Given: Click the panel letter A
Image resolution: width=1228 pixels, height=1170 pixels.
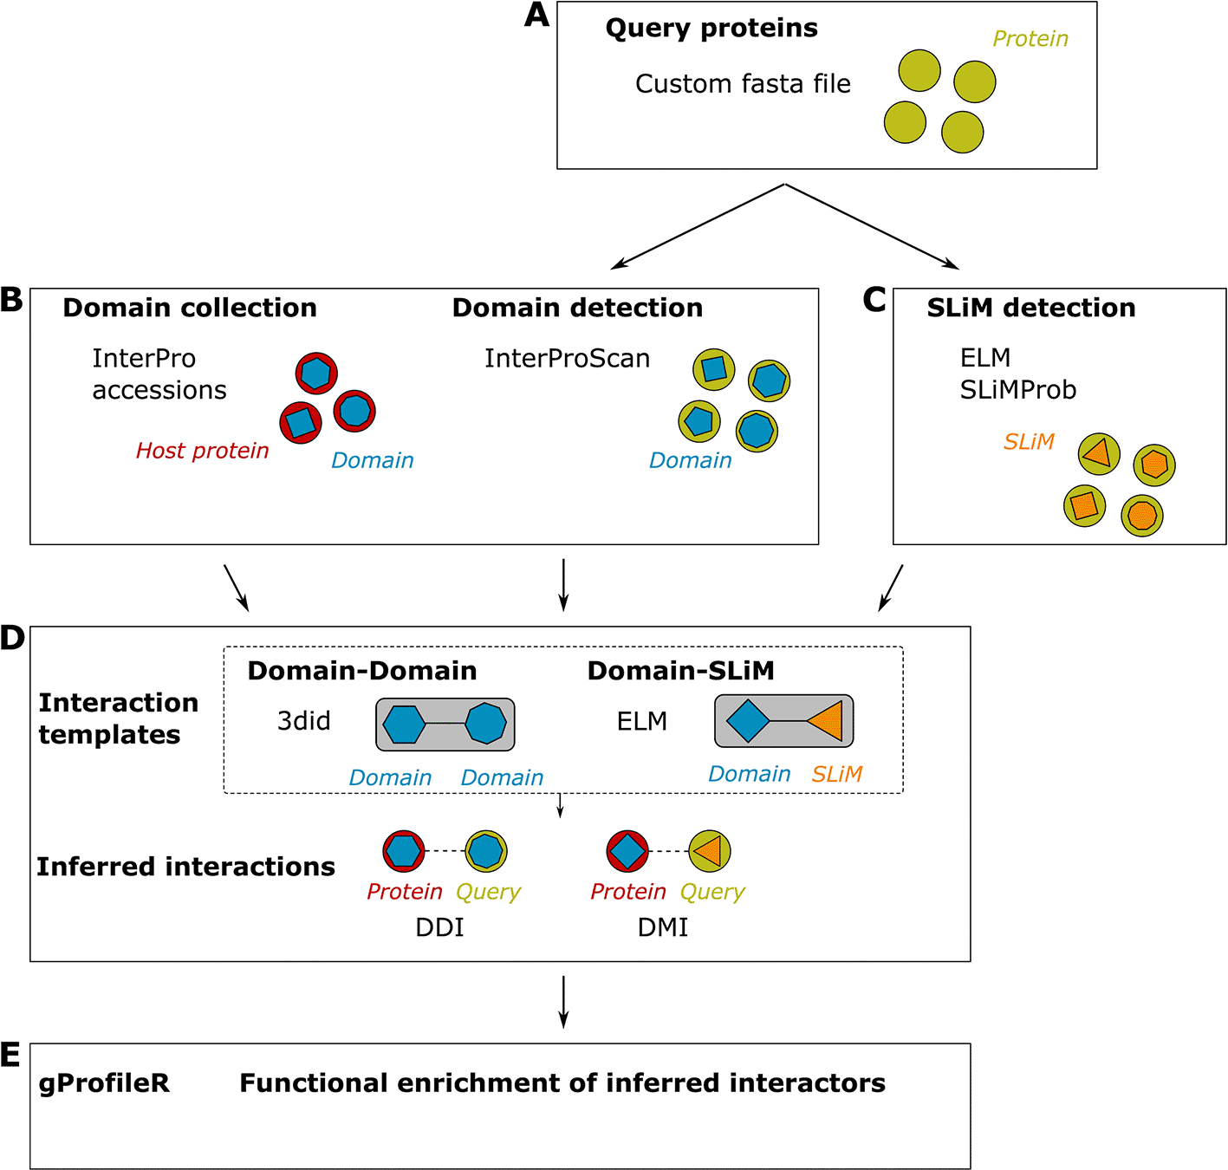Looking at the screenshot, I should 537,16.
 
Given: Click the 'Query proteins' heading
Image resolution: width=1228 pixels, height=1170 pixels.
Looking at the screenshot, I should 711,29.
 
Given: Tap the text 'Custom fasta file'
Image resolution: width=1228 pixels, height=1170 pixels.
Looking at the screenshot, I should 743,84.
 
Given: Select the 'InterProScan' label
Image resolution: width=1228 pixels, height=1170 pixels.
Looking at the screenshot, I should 567,359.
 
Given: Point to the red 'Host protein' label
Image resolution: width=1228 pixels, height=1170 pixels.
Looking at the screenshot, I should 202,451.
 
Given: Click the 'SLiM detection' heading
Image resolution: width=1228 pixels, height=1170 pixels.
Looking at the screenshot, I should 1030,309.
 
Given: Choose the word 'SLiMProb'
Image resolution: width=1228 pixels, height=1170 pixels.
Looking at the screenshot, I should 1017,390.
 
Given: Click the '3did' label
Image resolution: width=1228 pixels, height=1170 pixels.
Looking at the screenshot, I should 303,721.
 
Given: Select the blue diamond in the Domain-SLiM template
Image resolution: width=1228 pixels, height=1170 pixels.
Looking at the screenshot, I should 747,721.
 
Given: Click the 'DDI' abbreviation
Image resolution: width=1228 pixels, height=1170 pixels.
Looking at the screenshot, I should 439,927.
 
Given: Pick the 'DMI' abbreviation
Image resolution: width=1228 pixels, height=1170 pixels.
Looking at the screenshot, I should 663,927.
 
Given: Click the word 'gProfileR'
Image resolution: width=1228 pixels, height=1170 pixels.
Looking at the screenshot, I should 104,1083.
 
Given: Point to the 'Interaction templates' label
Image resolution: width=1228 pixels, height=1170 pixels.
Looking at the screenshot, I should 118,718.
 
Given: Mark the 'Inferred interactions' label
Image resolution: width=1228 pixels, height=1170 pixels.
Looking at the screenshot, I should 185,867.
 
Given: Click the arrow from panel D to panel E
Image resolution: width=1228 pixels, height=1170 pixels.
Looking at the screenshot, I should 563,1001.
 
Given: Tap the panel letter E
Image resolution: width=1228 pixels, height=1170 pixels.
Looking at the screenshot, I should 10,1056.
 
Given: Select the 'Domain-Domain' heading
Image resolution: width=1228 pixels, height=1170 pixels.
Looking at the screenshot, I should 361,671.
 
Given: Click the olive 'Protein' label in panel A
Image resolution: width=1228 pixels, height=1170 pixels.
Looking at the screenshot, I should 1030,39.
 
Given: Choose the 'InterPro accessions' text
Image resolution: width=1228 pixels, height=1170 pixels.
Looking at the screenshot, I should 159,374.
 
